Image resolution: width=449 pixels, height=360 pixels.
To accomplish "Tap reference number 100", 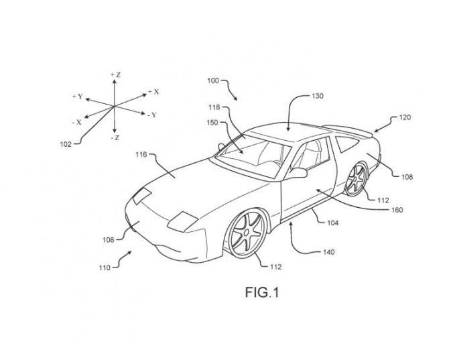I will coord(212,80).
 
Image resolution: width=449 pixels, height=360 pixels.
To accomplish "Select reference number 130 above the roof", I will coord(317,96).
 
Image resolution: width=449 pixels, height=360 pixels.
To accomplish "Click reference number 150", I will coord(214,123).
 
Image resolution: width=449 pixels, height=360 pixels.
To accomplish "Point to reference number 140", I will coord(328,253).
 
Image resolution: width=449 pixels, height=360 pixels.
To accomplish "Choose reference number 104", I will coord(332,223).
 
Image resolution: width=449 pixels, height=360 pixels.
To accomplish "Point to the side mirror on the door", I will coord(298,174).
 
